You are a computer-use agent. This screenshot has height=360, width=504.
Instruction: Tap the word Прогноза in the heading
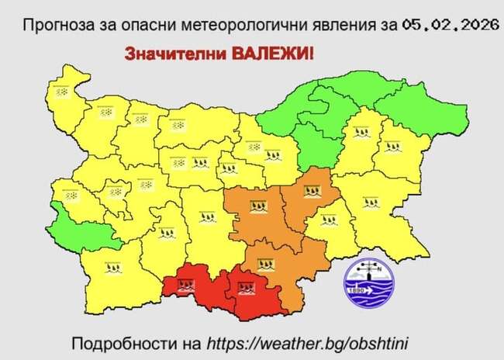[x=54, y=26]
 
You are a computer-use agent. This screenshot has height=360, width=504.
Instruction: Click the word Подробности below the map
[x=116, y=342]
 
